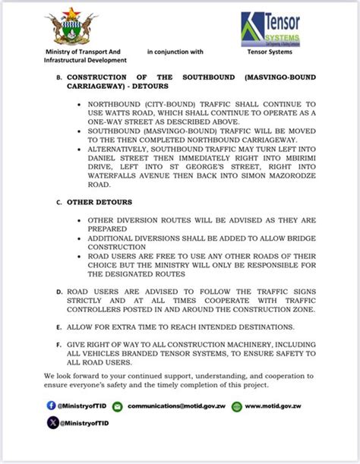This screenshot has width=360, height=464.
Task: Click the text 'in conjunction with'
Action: click(175, 52)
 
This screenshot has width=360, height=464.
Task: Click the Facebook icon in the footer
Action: click(51, 406)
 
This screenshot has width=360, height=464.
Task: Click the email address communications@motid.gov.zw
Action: click(177, 406)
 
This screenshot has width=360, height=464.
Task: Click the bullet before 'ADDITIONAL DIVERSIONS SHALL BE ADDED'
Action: click(81, 238)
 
